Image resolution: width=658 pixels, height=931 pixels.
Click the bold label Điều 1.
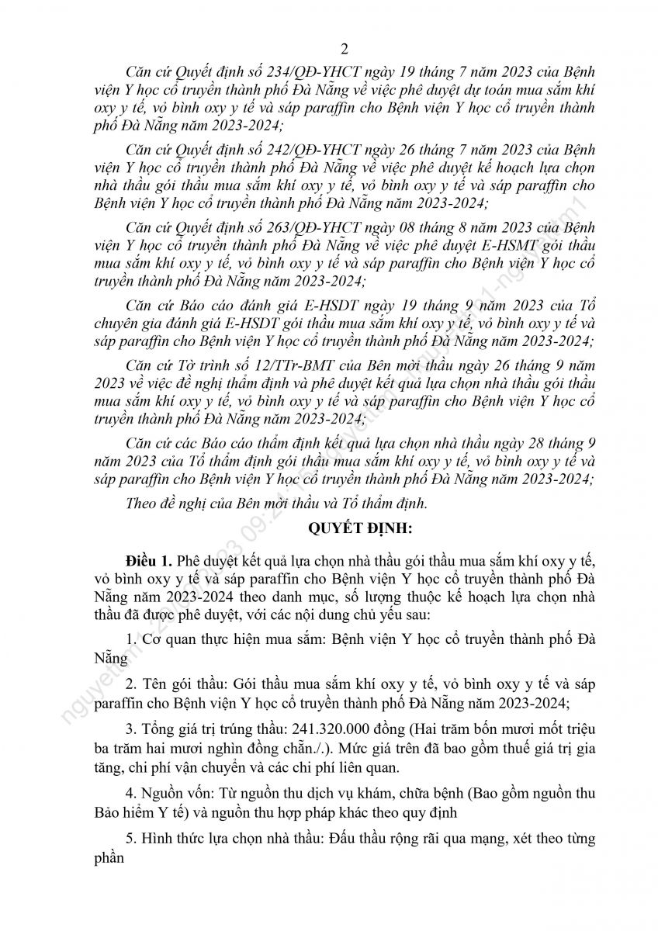(x=151, y=560)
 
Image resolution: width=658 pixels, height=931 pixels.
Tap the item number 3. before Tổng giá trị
(x=130, y=730)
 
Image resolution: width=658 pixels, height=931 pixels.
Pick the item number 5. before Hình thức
(x=130, y=839)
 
